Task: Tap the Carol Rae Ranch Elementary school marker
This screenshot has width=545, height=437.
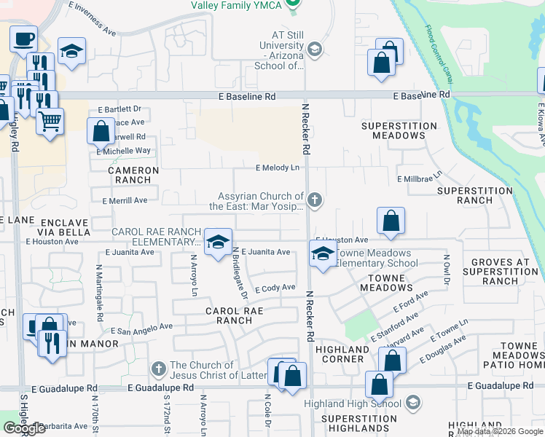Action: (217, 243)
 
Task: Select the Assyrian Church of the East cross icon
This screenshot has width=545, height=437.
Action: (315, 200)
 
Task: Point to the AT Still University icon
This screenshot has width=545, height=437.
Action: (315, 50)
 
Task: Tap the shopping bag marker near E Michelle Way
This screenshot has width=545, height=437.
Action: (101, 132)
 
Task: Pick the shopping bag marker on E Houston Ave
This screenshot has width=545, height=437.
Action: (391, 220)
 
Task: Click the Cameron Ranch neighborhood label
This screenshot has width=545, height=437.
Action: (133, 175)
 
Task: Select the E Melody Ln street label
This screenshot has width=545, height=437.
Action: (278, 168)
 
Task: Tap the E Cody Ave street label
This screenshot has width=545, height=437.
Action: (275, 288)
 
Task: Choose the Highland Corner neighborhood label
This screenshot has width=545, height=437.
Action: (342, 355)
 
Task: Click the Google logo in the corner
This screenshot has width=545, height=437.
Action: (25, 428)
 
